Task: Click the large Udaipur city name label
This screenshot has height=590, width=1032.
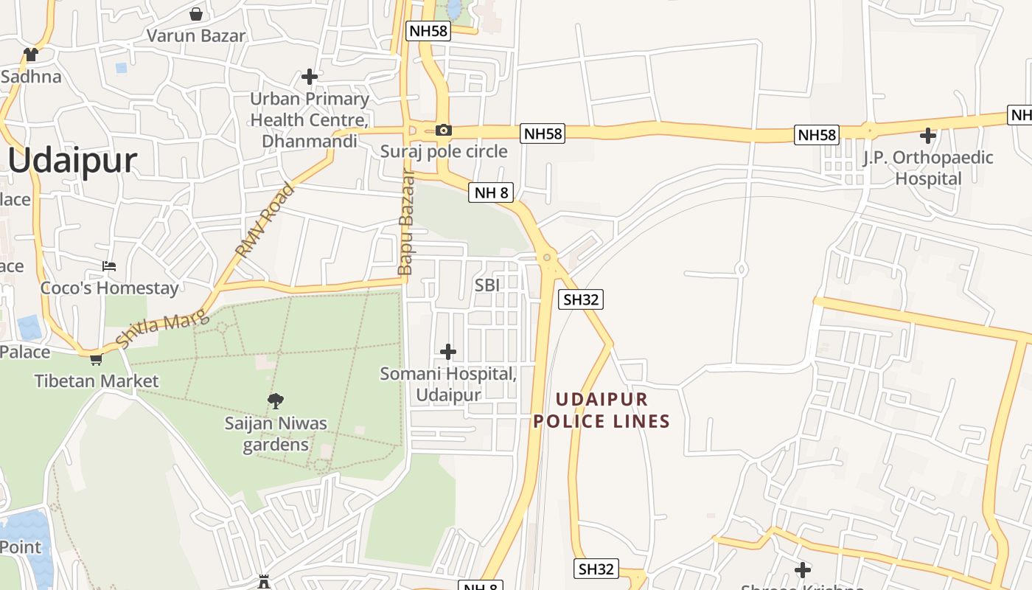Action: click(x=73, y=161)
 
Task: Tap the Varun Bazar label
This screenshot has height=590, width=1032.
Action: click(x=196, y=35)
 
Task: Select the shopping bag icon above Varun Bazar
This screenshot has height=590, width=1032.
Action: click(x=196, y=13)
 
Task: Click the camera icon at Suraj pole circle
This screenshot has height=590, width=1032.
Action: click(x=443, y=131)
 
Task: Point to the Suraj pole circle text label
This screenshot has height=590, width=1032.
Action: click(x=444, y=151)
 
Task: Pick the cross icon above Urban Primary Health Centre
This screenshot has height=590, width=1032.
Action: click(x=310, y=76)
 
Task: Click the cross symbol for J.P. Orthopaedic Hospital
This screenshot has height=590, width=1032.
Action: click(x=928, y=136)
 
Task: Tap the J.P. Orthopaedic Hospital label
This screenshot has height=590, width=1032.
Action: click(x=928, y=168)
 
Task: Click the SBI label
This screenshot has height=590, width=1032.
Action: click(x=487, y=285)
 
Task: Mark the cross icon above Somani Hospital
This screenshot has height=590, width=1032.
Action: click(x=447, y=352)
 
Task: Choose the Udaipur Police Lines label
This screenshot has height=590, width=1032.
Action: click(x=602, y=411)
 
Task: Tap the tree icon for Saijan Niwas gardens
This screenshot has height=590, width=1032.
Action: click(x=276, y=401)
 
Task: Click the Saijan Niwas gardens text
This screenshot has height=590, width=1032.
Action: click(x=276, y=434)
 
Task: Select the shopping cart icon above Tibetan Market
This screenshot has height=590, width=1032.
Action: click(x=96, y=360)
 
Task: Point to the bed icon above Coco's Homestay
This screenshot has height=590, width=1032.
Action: click(x=109, y=265)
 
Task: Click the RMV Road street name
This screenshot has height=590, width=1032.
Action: click(x=265, y=220)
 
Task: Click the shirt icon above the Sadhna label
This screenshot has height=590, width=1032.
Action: click(x=31, y=55)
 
